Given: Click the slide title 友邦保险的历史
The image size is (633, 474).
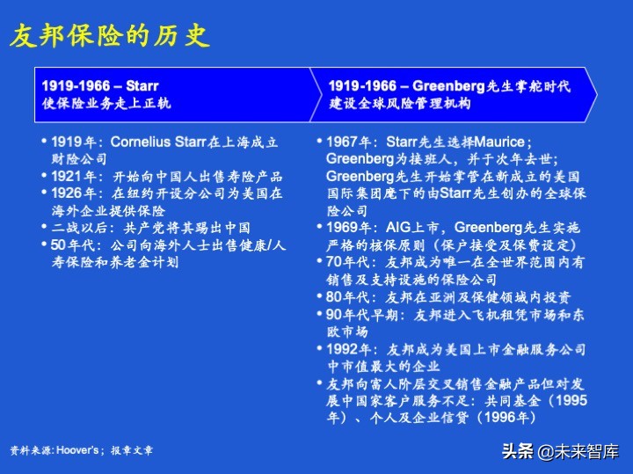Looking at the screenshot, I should tap(109, 36).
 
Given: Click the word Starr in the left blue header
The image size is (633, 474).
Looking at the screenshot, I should tap(142, 86).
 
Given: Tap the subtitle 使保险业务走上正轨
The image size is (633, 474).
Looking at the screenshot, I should tap(106, 103).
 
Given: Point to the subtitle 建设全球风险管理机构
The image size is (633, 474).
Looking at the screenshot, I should tap(399, 103).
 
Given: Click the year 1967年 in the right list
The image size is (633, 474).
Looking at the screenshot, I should tap(352, 142).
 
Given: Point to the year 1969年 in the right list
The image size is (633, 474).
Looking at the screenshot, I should tap(352, 228).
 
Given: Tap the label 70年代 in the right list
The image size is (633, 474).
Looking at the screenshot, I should tap(347, 262).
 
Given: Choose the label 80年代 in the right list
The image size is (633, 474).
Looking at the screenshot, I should tap(347, 296).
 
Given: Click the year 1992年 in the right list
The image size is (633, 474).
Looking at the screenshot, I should tap(352, 348).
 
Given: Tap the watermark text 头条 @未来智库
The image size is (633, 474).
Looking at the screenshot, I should tap(560, 452).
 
